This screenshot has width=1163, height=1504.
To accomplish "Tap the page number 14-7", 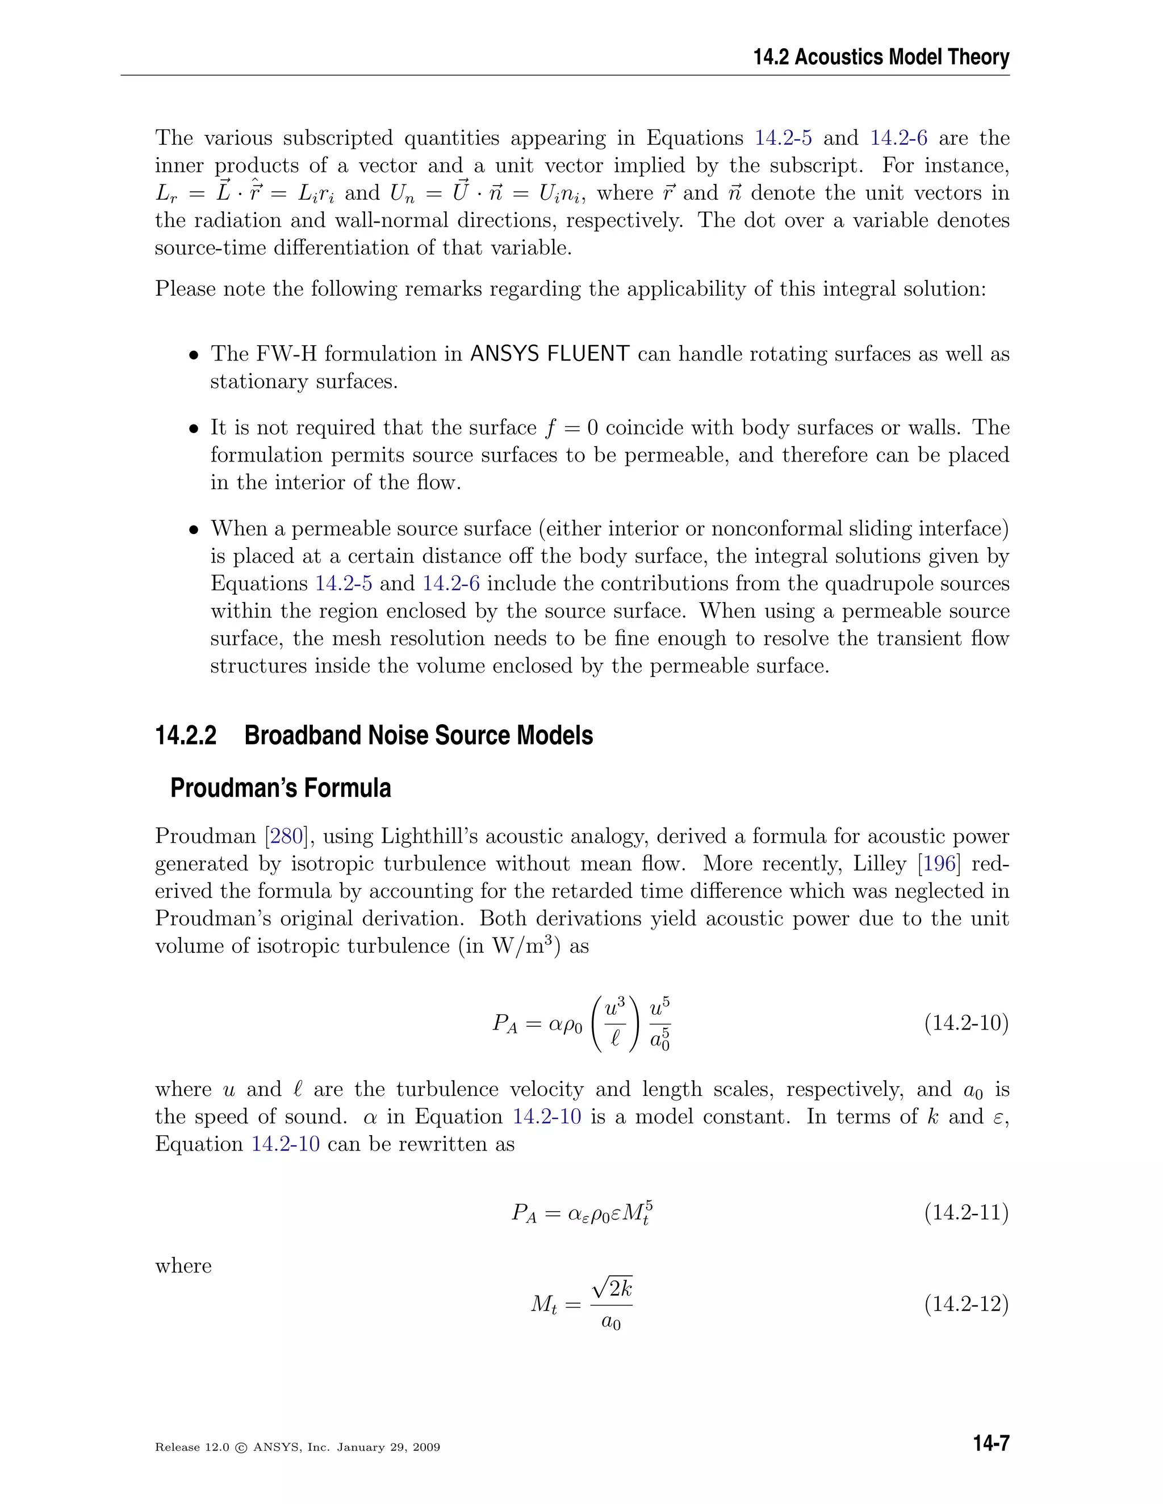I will point(991,1443).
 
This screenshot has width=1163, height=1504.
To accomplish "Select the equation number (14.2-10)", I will point(966,1023).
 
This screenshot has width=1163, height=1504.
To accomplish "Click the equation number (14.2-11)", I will point(966,1212).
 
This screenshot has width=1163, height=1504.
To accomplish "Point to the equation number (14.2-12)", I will point(966,1304).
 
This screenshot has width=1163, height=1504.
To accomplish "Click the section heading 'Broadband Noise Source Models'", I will point(418,736).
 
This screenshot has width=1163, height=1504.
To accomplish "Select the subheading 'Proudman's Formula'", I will point(281,788).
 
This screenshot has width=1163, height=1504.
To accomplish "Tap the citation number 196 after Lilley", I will point(938,864).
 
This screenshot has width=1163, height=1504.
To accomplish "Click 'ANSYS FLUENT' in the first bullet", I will point(549,354).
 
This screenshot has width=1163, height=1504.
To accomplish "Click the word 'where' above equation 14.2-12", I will point(183,1266).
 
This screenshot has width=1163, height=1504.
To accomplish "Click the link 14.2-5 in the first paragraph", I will point(783,138).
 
